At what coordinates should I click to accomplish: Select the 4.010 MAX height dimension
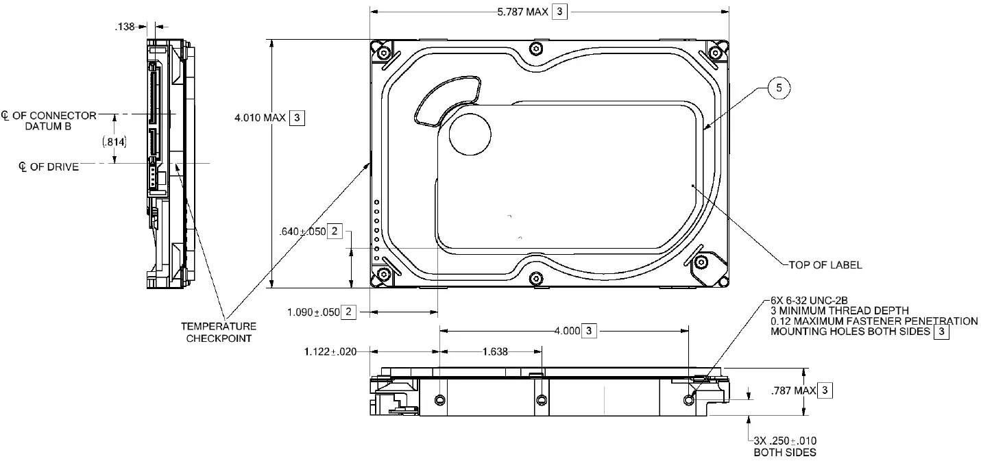point(261,118)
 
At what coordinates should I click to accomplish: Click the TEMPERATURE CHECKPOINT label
point(218,332)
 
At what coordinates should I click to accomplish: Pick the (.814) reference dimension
point(114,141)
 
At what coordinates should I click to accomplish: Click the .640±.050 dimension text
point(302,232)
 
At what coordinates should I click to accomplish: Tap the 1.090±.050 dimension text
point(313,312)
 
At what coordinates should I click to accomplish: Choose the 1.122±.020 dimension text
point(331,352)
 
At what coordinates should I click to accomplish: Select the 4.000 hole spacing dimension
point(568,332)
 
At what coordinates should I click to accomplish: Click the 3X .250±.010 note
point(785,446)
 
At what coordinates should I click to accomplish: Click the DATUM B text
point(56,127)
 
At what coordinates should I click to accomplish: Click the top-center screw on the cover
point(536,48)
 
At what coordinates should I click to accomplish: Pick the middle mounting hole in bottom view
point(542,399)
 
